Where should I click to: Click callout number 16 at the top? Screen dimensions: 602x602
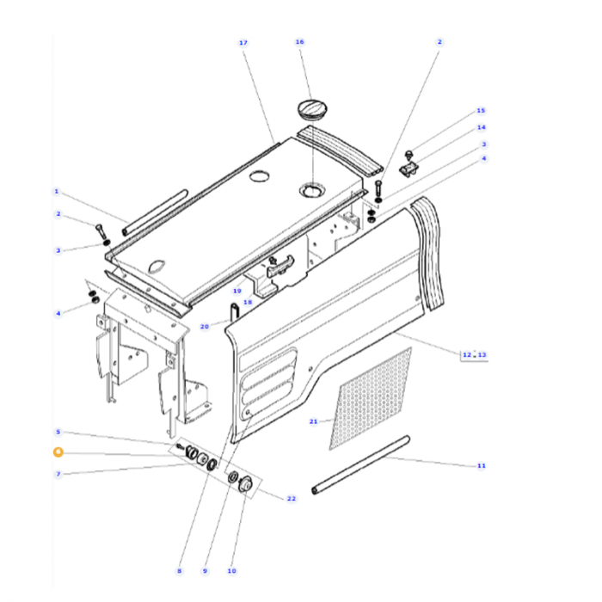(299, 41)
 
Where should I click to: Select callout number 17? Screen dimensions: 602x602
(243, 42)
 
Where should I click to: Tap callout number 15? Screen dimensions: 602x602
(481, 110)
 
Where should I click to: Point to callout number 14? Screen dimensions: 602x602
(482, 127)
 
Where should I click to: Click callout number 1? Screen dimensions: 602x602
(56, 191)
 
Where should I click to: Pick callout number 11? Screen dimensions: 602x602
(481, 466)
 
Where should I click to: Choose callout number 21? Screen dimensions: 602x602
(313, 421)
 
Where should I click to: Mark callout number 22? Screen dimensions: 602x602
(291, 499)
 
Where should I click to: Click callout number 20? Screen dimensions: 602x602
(204, 327)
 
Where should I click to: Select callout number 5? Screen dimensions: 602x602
(58, 432)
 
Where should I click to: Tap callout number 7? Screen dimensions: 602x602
(58, 474)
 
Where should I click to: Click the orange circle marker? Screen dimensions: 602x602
(58, 452)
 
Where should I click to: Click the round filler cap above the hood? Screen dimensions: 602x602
(311, 109)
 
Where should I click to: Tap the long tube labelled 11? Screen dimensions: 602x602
(361, 464)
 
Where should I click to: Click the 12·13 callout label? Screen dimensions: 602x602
(474, 354)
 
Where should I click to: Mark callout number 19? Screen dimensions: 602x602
(236, 291)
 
